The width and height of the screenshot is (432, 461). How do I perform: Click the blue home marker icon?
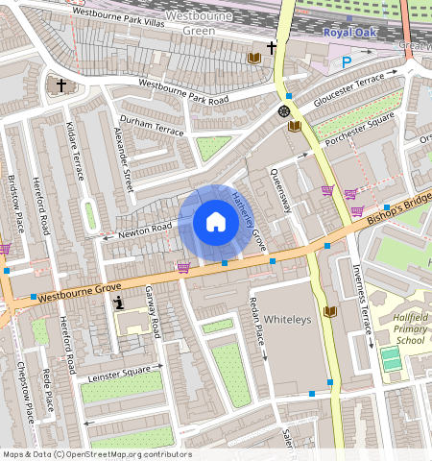coord(216,223)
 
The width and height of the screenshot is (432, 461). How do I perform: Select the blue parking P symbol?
coord(347,61)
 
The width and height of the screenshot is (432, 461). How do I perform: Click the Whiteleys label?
coord(289,320)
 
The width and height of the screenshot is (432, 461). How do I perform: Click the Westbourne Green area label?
coord(199,23)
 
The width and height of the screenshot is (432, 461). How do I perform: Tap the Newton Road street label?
coord(145,230)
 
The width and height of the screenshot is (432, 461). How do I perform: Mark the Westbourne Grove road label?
coord(81,290)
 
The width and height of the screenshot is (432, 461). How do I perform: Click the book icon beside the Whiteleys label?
coord(331,312)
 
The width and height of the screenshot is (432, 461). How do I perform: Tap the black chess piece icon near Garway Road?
coord(118,303)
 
